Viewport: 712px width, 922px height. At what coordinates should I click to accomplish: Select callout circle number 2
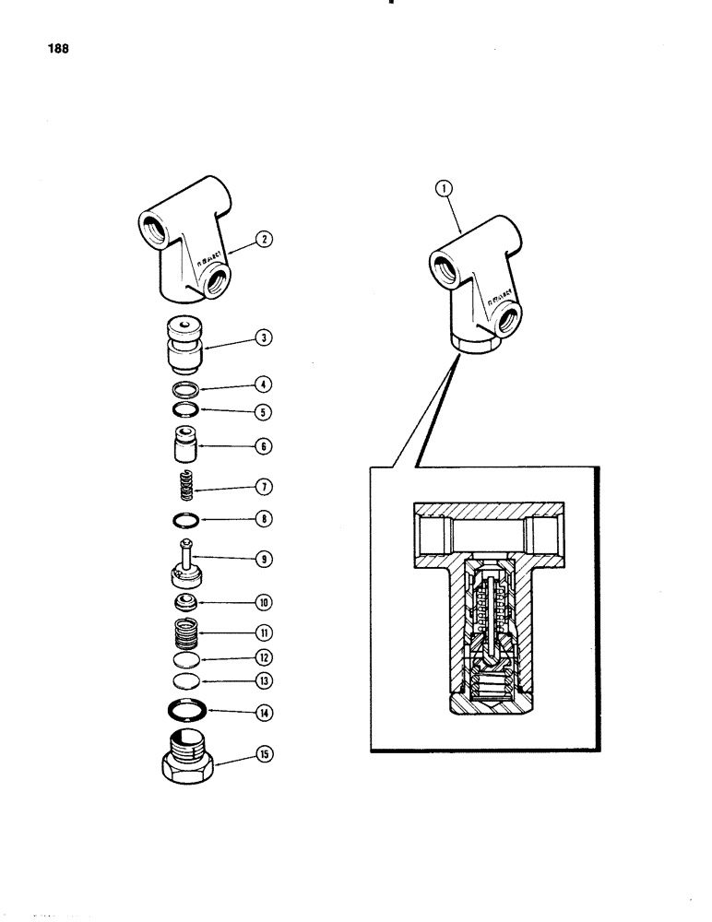tap(264, 241)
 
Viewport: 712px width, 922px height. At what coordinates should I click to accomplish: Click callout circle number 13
tap(264, 682)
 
